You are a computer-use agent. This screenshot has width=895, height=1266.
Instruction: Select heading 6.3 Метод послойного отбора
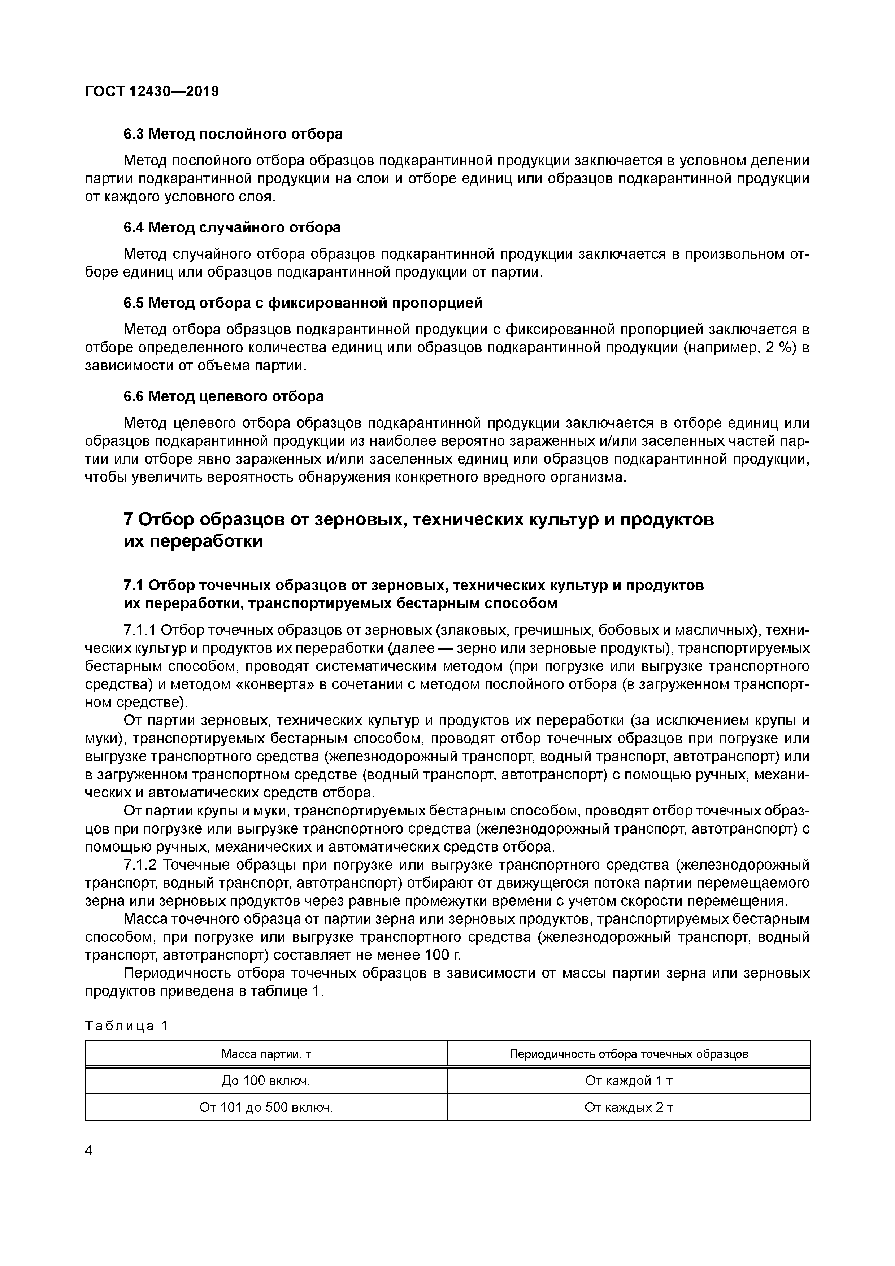tap(233, 134)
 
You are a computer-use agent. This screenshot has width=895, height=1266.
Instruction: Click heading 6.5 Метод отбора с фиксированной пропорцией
tap(303, 303)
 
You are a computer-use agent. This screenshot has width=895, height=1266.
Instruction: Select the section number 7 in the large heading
tap(129, 519)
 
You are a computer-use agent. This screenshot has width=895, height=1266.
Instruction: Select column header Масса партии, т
tap(266, 1054)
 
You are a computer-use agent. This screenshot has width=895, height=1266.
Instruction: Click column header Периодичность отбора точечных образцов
tap(629, 1054)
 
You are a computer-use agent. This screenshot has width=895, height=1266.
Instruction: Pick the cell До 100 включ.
tap(266, 1081)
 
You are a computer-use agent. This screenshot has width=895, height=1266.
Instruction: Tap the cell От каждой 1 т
tap(629, 1081)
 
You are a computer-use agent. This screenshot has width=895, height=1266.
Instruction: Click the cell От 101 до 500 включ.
tap(266, 1107)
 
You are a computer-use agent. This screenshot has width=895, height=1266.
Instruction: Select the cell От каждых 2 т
tap(629, 1107)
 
